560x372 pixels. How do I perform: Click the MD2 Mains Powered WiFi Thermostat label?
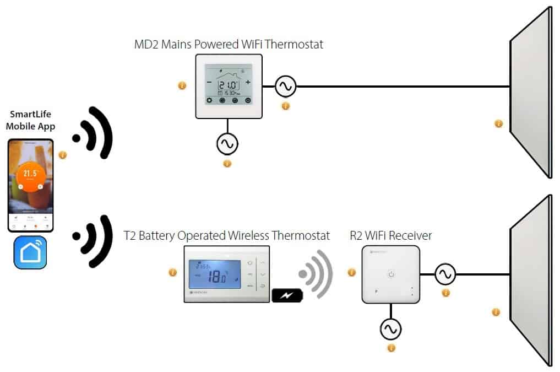point(229,45)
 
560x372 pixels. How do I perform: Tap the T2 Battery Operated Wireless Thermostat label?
point(226,236)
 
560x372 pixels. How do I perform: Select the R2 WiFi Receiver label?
point(391,236)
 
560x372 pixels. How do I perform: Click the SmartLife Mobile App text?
point(31,120)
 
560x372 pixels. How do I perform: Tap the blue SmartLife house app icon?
point(30,252)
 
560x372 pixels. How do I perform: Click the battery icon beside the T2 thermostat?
point(287,295)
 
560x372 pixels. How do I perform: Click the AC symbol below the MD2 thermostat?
point(227,144)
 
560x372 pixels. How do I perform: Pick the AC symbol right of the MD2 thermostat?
point(286,86)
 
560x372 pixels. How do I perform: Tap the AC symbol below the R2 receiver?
point(391,330)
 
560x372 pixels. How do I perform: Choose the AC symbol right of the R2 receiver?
point(445,274)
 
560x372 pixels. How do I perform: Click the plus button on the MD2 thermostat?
point(248,82)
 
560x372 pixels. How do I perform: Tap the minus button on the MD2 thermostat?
point(209,82)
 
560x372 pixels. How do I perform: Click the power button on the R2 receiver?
point(391,273)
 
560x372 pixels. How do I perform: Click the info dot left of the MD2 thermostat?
point(182,85)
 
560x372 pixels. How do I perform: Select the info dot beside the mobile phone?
point(63,155)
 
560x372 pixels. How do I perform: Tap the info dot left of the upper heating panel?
point(499,123)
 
